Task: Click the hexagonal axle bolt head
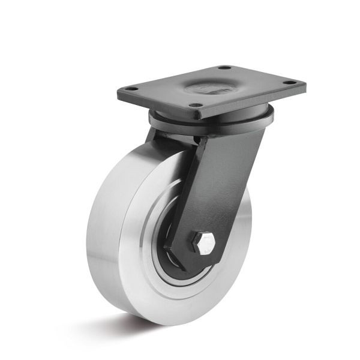pyautogui.click(x=203, y=242)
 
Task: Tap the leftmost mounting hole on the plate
pyautogui.click(x=133, y=89)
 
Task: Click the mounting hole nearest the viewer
pyautogui.click(x=195, y=105)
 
